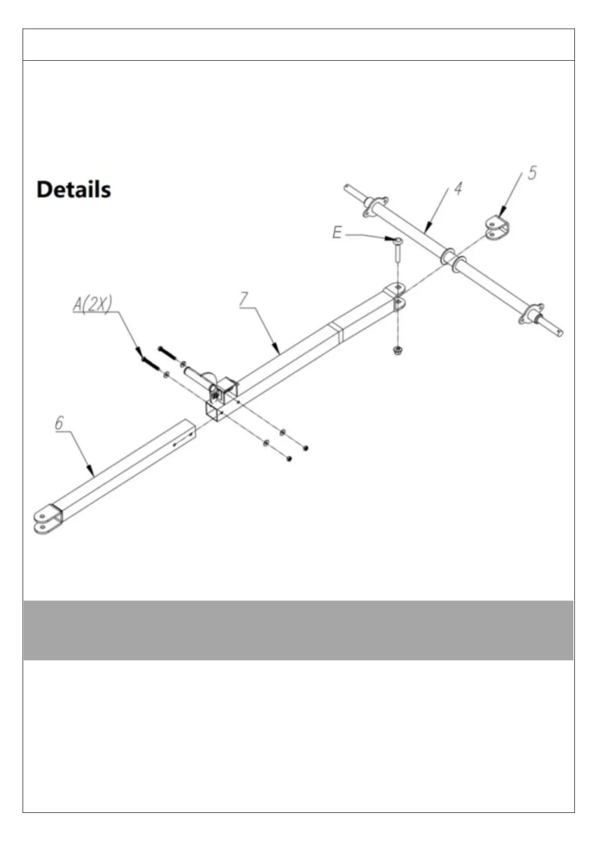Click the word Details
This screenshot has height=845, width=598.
point(74,190)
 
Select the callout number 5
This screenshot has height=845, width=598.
point(531,173)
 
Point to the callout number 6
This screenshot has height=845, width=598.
point(59,423)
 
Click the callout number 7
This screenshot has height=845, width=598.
point(243,299)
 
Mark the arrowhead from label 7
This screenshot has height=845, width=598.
point(278,350)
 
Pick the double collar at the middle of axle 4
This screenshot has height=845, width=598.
point(453,259)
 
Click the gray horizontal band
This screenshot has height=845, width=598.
point(298,630)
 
